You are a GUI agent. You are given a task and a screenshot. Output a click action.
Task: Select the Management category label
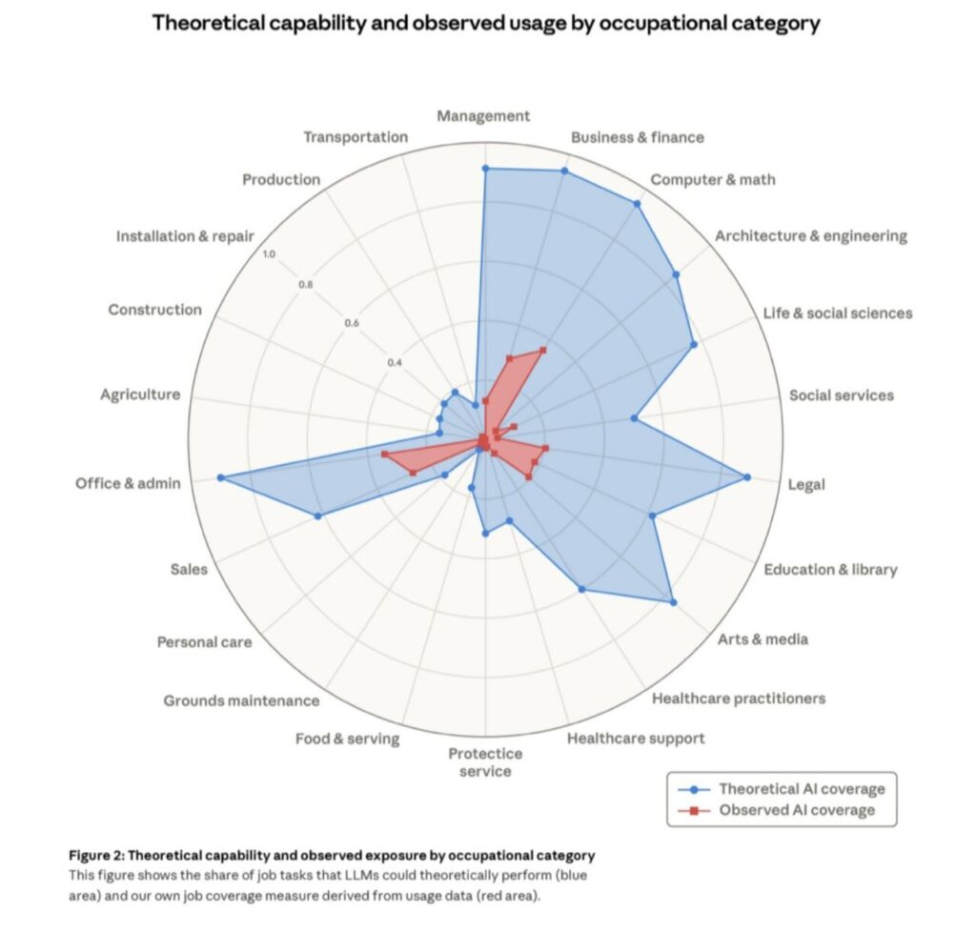click(483, 116)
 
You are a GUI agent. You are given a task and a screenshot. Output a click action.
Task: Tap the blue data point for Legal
click(746, 476)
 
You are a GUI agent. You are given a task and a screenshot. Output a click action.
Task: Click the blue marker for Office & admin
click(220, 477)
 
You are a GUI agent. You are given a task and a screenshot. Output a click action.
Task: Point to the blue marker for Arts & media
click(673, 602)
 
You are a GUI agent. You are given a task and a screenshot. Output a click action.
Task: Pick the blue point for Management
click(485, 169)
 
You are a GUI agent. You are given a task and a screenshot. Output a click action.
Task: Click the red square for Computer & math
click(543, 350)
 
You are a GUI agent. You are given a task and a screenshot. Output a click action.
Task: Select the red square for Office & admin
click(384, 455)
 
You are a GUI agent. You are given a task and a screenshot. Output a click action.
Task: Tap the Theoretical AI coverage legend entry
click(801, 789)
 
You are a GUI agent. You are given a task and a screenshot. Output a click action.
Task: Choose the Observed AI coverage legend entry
click(795, 811)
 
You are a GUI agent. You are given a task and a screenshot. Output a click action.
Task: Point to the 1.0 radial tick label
click(269, 254)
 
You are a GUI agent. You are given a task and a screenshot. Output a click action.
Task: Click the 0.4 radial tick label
click(396, 363)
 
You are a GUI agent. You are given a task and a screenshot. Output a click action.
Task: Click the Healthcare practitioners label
click(738, 699)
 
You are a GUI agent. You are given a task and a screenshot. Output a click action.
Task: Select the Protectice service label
click(485, 761)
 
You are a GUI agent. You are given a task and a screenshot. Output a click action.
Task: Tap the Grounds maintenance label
click(241, 701)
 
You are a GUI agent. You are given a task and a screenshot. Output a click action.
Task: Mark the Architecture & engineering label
click(810, 236)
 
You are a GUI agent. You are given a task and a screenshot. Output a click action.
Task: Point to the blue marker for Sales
click(317, 517)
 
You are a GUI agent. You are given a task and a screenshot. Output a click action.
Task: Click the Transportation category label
click(356, 137)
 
